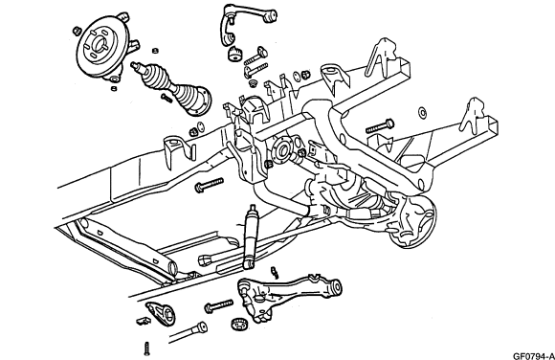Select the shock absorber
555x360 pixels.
pyautogui.click(x=251, y=236)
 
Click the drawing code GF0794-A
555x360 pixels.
pyautogui.click(x=534, y=356)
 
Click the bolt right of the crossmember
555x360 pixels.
pyautogui.click(x=380, y=126)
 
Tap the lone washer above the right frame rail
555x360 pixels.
pyautogui.click(x=422, y=113)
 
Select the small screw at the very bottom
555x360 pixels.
pyautogui.click(x=147, y=349)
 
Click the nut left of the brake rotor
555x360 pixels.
pyautogui.click(x=77, y=31)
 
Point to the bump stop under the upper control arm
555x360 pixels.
pyautogui.click(x=234, y=54)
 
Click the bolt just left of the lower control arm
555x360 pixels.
pyautogui.click(x=219, y=306)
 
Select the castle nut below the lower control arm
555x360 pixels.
pyautogui.click(x=239, y=324)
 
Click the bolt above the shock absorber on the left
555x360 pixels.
pyautogui.click(x=210, y=185)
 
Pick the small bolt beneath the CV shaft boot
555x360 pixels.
pyautogui.click(x=166, y=99)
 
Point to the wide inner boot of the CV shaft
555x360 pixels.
pyautogui.click(x=193, y=100)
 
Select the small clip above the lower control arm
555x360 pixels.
pyautogui.click(x=275, y=272)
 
